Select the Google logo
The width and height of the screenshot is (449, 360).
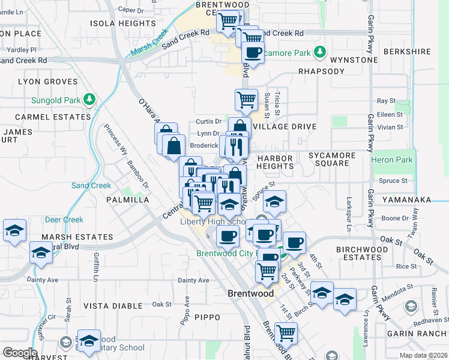pyautogui.click(x=19, y=352)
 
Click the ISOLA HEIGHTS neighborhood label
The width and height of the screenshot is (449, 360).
pyautogui.click(x=122, y=23)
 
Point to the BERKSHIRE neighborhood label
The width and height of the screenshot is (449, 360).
pyautogui.click(x=407, y=52)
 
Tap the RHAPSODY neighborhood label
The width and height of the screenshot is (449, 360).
pyautogui.click(x=321, y=71)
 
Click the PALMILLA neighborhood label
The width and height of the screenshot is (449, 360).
pyautogui.click(x=127, y=199)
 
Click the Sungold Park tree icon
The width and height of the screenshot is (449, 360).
pyautogui.click(x=89, y=98)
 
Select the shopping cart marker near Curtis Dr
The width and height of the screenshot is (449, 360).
pyautogui.click(x=246, y=100)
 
